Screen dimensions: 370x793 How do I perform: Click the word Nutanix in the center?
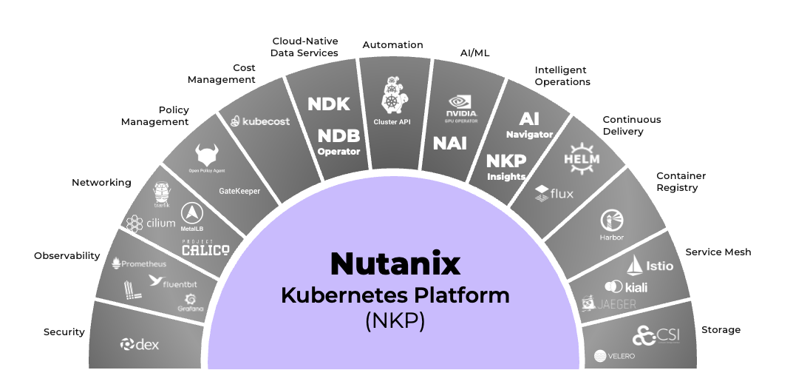click(395, 263)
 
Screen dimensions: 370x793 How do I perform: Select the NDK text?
click(329, 104)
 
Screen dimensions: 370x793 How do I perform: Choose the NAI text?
click(449, 142)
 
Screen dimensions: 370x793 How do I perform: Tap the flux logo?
click(554, 194)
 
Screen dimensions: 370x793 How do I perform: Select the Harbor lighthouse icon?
click(612, 220)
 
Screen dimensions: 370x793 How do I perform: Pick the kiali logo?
click(625, 286)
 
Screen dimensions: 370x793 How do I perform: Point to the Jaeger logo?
click(608, 303)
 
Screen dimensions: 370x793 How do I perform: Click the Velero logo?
click(614, 356)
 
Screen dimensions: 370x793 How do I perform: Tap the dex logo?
click(140, 344)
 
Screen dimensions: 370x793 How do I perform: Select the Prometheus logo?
click(139, 263)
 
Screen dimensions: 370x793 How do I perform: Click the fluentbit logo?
click(175, 281)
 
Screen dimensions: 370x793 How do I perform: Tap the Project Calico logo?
click(205, 249)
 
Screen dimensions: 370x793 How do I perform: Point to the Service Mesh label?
click(718, 252)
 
